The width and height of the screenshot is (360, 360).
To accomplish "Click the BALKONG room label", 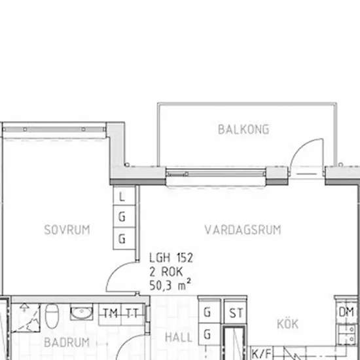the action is pos(243,130).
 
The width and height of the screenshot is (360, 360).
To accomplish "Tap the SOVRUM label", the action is pos(67,230).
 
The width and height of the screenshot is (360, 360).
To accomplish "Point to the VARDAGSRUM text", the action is pos(243,230).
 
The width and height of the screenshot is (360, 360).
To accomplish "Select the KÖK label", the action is pos(288,323).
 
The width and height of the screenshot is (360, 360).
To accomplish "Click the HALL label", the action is pos(179,338).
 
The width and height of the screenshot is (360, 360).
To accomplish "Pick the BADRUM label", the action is pos(67,342).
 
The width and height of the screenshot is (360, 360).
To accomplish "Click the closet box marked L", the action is pos(124,196).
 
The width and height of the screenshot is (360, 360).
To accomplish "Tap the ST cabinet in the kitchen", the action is pos(236,313).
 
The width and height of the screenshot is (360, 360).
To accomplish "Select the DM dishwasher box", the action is pos(346,312).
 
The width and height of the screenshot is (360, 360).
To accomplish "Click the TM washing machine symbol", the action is pos(110,314).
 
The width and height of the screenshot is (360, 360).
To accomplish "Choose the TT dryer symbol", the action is pos(133,314).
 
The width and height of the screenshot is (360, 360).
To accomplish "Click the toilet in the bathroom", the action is pos(52,316).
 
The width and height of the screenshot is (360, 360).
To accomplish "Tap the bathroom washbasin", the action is pos(82,312).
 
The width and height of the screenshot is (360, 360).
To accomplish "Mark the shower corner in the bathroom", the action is pos(26,317).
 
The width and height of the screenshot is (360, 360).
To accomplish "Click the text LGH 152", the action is pos(171,258).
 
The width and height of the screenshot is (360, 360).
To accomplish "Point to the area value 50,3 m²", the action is pos(170,285).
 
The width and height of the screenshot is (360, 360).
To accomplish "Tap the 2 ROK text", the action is pos(166,272).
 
